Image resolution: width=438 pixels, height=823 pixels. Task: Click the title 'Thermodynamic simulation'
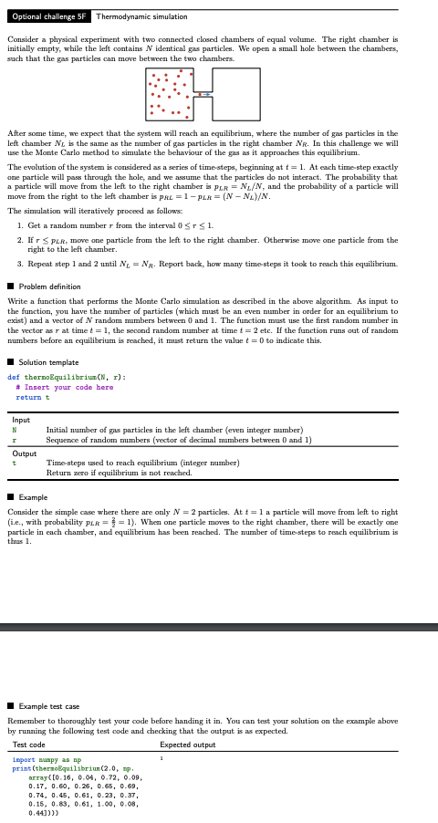click(x=141, y=16)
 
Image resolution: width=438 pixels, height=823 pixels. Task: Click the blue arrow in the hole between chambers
click(x=205, y=94)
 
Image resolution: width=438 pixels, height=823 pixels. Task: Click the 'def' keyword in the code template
click(x=13, y=376)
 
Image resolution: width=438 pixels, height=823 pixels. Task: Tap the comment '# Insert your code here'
click(x=66, y=387)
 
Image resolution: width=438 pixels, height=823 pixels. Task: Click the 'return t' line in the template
click(x=33, y=397)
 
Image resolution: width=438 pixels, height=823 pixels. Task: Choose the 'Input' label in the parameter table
click(x=21, y=420)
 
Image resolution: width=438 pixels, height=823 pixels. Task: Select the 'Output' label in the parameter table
click(x=25, y=453)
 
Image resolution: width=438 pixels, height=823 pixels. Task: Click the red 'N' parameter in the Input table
click(x=15, y=430)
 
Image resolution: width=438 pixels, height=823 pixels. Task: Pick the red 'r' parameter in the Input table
click(x=15, y=440)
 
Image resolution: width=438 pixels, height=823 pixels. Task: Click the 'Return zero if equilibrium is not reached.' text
click(x=119, y=473)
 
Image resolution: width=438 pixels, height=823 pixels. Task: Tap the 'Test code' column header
click(x=29, y=745)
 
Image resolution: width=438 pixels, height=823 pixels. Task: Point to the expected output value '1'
click(x=162, y=759)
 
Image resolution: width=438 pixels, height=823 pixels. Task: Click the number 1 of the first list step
click(x=20, y=225)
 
